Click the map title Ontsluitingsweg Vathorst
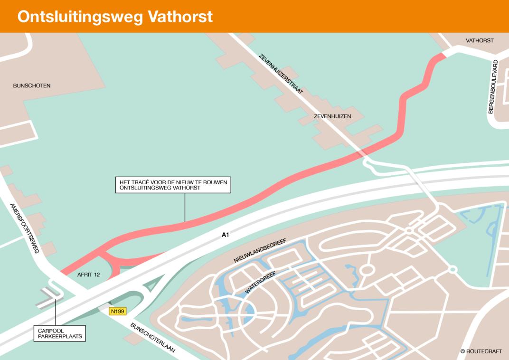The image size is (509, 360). [115, 17]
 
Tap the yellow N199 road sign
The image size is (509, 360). [118, 312]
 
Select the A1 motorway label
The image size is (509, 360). [226, 235]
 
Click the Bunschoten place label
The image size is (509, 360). [32, 86]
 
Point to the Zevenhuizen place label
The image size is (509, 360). [332, 116]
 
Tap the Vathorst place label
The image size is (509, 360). [479, 41]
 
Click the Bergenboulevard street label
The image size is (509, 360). [494, 87]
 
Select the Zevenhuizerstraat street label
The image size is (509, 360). [281, 75]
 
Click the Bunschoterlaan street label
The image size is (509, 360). [153, 337]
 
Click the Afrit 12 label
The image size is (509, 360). [88, 275]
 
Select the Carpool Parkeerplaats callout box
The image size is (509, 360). [59, 333]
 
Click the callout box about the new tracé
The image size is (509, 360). [173, 185]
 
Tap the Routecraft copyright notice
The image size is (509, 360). [481, 351]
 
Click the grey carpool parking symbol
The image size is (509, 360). [49, 297]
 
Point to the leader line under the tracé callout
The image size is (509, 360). [185, 207]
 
